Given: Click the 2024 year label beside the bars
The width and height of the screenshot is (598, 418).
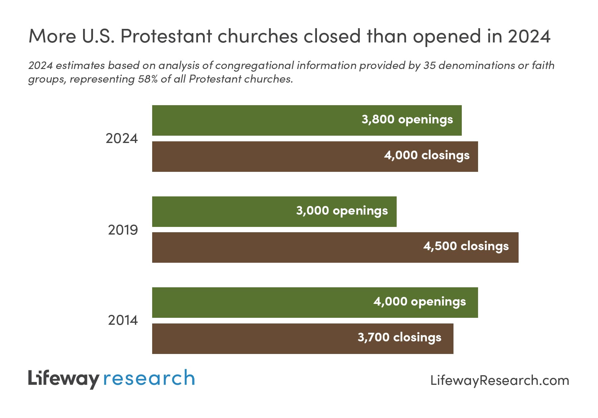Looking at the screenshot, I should click(x=122, y=138).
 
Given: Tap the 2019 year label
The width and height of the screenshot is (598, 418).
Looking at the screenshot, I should click(x=123, y=230).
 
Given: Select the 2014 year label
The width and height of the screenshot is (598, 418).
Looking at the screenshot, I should click(x=123, y=320).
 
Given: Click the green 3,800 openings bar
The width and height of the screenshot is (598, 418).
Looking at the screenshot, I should click(x=252, y=120).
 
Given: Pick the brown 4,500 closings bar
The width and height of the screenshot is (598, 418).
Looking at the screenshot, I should click(x=286, y=247).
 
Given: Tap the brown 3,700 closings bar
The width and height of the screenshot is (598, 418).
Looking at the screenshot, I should click(x=252, y=339).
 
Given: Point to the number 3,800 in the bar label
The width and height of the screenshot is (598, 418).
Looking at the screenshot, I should click(x=378, y=119).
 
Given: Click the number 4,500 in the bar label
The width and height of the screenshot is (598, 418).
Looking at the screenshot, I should click(x=440, y=246).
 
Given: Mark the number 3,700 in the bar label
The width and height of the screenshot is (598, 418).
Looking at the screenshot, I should click(x=373, y=337).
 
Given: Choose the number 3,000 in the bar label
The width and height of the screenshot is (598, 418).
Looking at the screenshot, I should click(x=312, y=211).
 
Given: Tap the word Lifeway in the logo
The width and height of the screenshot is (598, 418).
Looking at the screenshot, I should click(x=63, y=379).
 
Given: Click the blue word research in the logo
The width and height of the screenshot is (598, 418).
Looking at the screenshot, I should click(x=149, y=379).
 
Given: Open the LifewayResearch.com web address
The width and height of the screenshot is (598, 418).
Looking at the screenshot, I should click(x=500, y=381).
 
